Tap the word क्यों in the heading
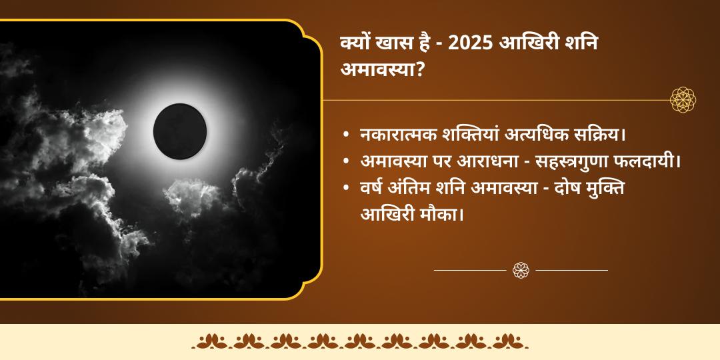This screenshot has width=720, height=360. (357, 44)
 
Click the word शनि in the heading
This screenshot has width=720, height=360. (582, 44)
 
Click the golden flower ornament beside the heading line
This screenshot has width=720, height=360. (683, 100)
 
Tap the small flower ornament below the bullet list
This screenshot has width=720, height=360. (521, 270)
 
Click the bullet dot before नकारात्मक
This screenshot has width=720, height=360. (345, 135)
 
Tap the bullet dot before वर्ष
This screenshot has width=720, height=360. (345, 189)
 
